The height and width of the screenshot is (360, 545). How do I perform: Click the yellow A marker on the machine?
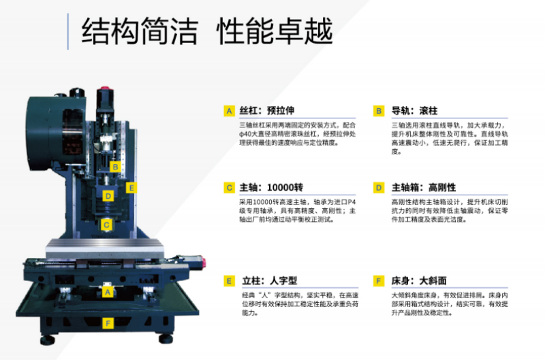click(108, 292)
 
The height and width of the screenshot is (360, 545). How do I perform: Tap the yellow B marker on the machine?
click(115, 167)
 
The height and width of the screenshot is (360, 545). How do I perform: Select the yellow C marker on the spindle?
click(106, 225)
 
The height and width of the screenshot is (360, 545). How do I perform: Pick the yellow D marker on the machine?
click(108, 196)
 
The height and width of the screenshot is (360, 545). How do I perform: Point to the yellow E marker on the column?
click(131, 188)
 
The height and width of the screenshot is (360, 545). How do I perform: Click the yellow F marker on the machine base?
click(108, 323)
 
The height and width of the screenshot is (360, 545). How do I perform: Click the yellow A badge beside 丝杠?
click(229, 111)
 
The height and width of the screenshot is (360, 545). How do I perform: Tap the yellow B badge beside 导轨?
click(379, 111)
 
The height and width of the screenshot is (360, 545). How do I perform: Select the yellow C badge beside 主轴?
click(229, 188)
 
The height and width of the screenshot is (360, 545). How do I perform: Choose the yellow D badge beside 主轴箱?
click(379, 188)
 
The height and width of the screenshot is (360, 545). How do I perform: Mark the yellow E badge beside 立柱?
click(229, 281)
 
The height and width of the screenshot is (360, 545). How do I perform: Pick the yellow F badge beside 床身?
click(379, 281)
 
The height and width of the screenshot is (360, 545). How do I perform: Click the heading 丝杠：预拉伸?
click(267, 111)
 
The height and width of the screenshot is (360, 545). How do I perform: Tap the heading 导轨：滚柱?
click(414, 111)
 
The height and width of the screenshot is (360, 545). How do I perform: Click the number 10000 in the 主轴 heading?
click(281, 188)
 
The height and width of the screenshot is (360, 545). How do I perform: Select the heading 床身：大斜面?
click(419, 280)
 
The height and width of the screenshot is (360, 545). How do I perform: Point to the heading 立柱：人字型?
click(270, 280)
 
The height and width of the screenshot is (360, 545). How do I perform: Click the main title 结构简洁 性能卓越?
click(207, 31)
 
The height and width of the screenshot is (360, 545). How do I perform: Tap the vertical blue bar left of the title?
click(67, 31)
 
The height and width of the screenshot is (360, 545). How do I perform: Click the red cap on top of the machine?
click(105, 89)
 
